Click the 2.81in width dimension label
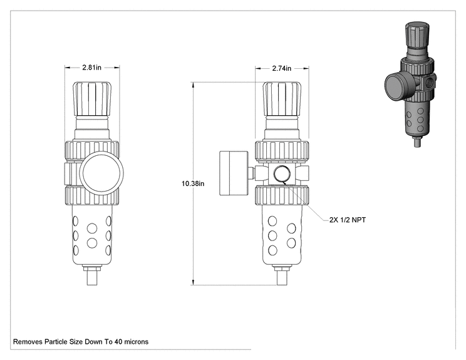coord(92,68)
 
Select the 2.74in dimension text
coord(282,68)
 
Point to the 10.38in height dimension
coord(193,183)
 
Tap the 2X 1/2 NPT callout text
coord(348,220)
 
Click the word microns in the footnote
coord(136,342)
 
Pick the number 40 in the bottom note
coord(118,342)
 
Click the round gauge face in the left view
coord(101,173)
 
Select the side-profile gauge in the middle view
coord(229,173)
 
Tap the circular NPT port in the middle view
coord(281,173)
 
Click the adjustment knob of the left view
coord(92,99)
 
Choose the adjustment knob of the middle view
coord(282,99)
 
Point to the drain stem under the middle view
coord(282,276)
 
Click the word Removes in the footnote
coord(28,342)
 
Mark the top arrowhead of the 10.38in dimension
coord(194,85)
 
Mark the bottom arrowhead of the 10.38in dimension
coord(194,282)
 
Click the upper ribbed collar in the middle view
coord(282,152)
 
